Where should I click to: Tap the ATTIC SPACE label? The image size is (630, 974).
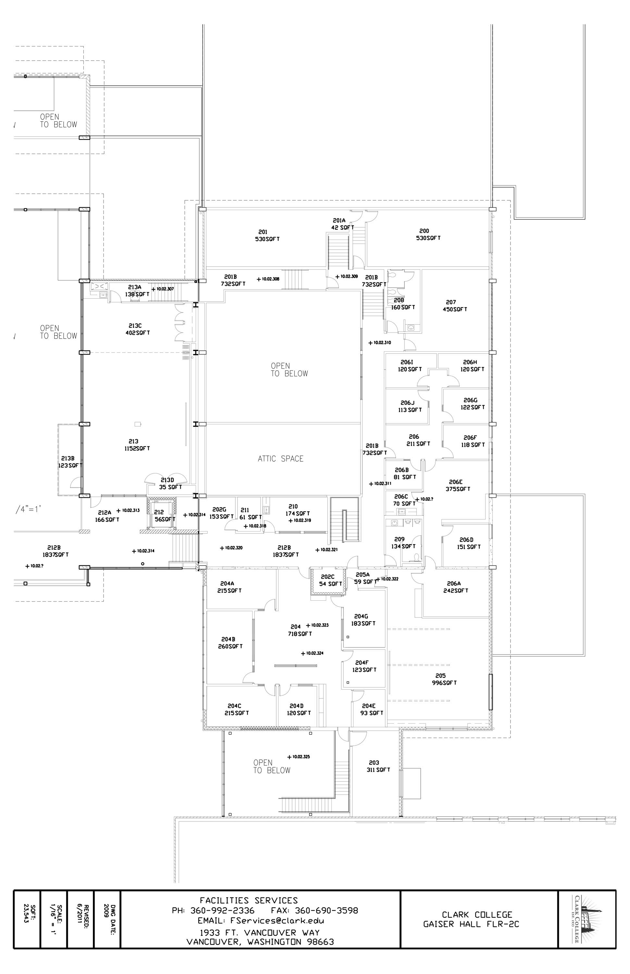pos(281,459)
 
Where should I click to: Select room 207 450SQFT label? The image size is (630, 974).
pos(454,306)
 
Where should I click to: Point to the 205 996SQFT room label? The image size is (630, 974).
pos(444,679)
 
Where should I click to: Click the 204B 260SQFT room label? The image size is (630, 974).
pos(230,643)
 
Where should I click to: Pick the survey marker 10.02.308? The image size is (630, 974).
pos(268,279)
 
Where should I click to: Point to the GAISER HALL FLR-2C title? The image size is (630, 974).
pos(471,924)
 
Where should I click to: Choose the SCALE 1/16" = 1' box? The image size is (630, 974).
pos(54,919)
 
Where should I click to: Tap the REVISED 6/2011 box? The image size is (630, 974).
pos(80,919)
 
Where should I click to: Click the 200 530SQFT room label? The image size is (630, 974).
pos(428,234)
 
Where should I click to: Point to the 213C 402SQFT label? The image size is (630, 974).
pos(137,329)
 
